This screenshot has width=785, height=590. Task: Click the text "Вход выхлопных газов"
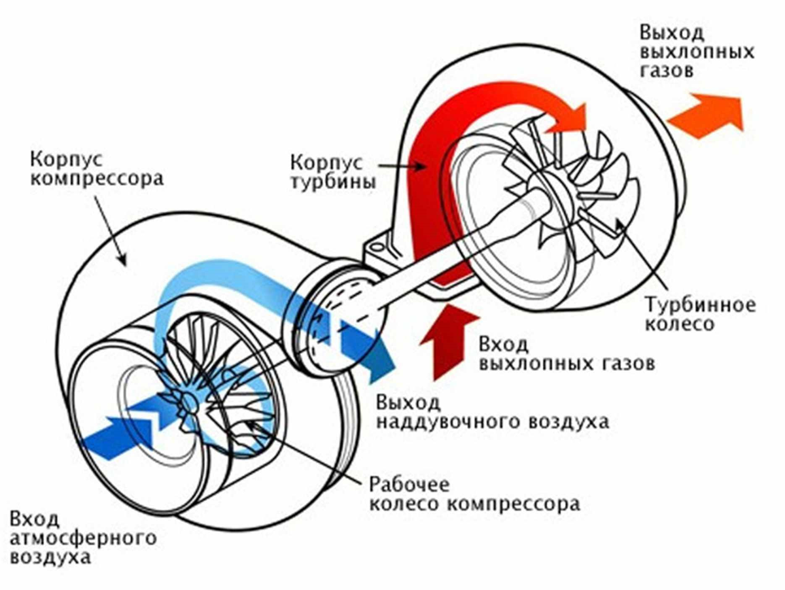[x=566, y=354]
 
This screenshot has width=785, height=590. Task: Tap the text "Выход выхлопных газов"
[x=697, y=52]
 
